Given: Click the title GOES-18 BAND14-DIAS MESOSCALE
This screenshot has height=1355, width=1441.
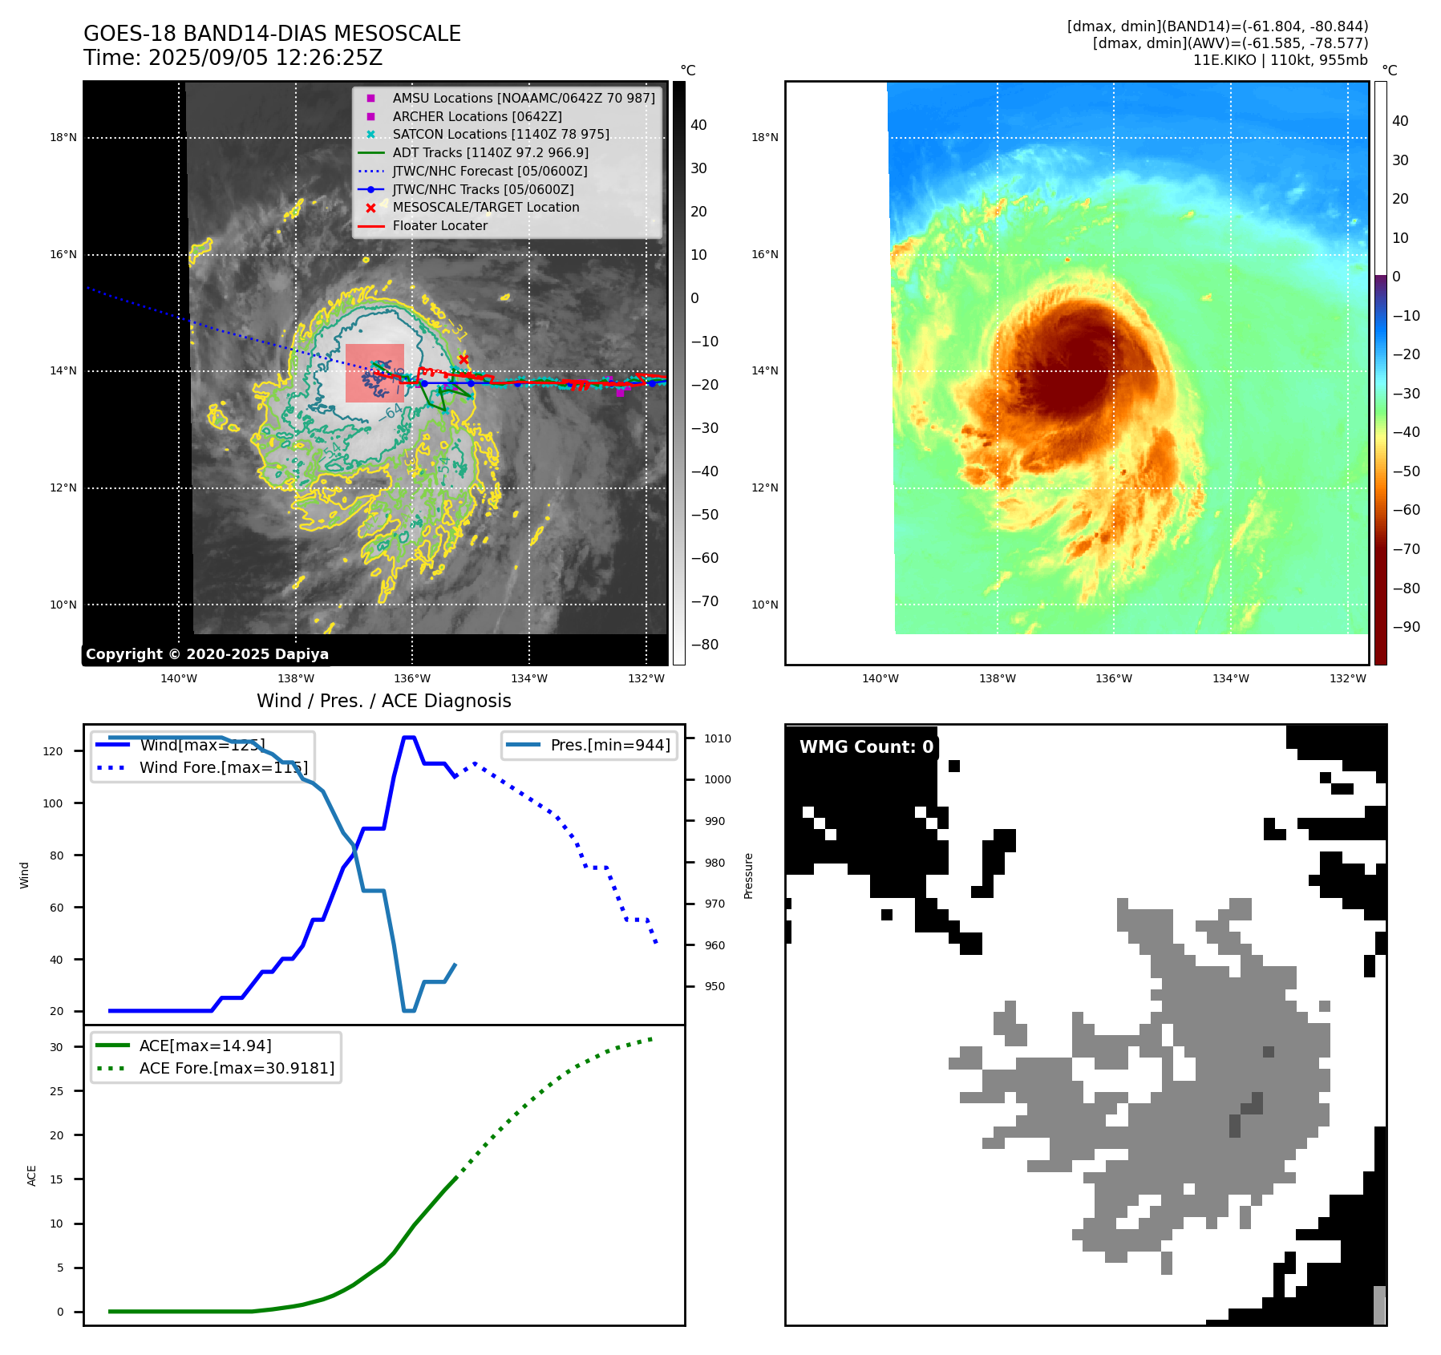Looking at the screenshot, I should click(272, 34).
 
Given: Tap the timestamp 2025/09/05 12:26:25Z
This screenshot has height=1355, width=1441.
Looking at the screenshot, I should click(265, 59).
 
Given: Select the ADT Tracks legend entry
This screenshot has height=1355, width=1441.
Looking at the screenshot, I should click(490, 152).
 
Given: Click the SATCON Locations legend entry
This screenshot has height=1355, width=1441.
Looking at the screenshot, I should click(500, 134).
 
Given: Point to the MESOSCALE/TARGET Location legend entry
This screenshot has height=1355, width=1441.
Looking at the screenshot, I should click(485, 207).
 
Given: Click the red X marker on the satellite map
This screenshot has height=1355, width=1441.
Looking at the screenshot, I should click(463, 359).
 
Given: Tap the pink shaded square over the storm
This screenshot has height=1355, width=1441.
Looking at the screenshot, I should click(374, 373).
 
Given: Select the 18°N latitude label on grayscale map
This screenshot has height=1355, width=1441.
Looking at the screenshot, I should click(63, 137).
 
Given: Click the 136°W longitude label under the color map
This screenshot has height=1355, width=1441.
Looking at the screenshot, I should click(1114, 678).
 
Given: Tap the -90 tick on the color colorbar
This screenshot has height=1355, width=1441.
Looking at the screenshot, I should click(1406, 627).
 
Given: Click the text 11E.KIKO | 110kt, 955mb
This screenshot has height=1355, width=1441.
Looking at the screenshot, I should click(1280, 60).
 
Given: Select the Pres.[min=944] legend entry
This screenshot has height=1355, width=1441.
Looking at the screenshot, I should click(609, 745).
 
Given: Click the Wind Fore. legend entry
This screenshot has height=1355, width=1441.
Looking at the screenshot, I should click(223, 767).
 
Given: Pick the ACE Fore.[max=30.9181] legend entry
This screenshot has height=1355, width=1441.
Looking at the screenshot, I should click(237, 1068).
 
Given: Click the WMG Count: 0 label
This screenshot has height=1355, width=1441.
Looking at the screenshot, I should click(866, 747).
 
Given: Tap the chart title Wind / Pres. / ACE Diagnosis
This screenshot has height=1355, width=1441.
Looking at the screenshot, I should click(383, 701).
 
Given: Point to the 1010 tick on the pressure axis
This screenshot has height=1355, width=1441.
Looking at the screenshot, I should click(718, 738).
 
